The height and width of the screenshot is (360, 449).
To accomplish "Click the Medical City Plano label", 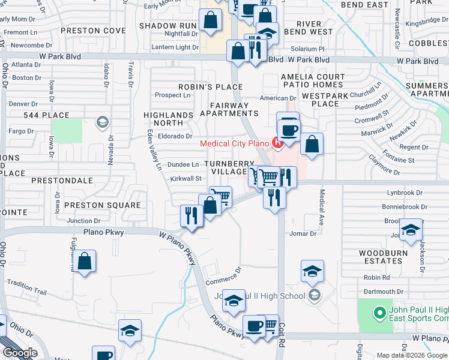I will [x=234, y=143].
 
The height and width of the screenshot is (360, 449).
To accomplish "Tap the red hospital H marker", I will [x=277, y=142].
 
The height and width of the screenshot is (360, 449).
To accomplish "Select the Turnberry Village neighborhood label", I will [x=226, y=167].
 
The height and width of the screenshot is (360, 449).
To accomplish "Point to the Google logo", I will [x=19, y=353].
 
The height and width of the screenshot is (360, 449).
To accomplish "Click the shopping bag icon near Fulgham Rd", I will [x=85, y=262].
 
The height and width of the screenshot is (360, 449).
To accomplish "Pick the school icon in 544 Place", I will [x=102, y=123].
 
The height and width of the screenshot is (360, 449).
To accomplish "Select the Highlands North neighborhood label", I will [x=168, y=119].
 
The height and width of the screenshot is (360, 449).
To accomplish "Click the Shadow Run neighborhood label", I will [x=168, y=26].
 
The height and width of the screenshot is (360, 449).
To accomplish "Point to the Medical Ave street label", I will [x=322, y=203].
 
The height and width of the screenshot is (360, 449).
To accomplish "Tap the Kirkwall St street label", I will [x=185, y=178].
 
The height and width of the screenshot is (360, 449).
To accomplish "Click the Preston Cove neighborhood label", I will [x=93, y=30].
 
